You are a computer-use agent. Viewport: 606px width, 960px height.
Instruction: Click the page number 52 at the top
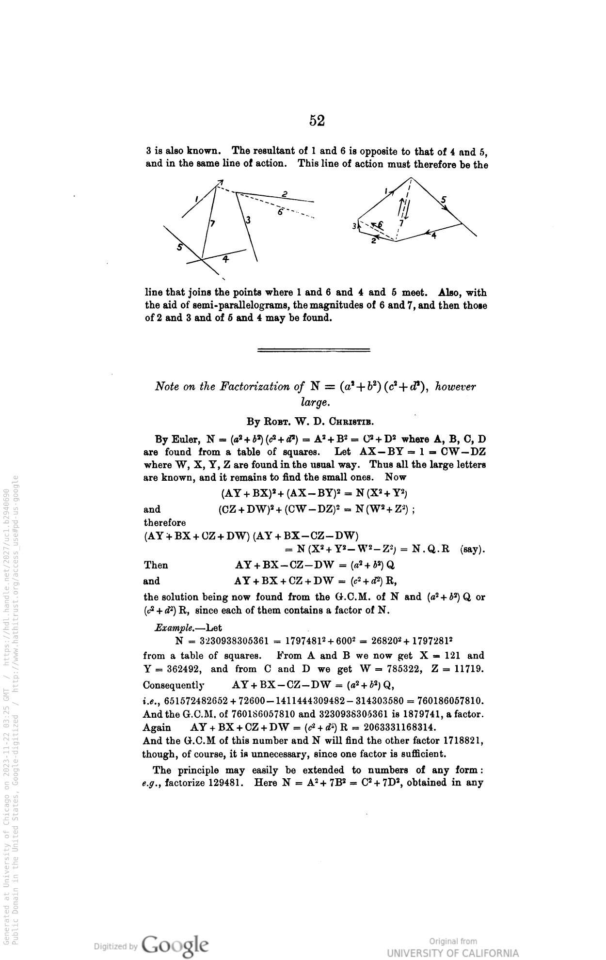317,120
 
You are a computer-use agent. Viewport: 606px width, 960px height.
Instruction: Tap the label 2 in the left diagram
285,194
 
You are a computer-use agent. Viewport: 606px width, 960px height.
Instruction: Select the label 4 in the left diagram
225,259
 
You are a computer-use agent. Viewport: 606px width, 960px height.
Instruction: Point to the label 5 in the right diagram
444,199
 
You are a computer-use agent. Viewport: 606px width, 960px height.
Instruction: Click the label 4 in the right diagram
434,236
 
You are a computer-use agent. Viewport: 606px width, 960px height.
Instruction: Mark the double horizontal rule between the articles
314,349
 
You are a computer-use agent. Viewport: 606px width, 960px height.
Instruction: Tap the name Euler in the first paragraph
184,440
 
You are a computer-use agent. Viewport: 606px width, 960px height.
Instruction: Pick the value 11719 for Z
467,669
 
